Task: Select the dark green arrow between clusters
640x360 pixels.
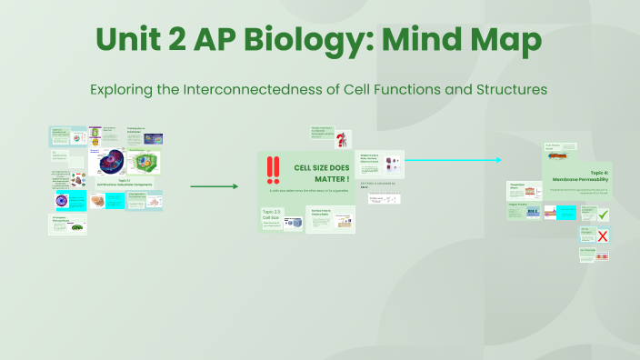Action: coord(214,186)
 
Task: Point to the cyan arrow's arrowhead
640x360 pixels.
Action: coord(497,160)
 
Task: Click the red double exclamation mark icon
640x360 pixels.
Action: coord(273,170)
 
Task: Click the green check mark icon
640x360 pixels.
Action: coord(602,215)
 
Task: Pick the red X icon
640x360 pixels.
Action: coord(602,236)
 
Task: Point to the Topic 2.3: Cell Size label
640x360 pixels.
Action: coord(271,216)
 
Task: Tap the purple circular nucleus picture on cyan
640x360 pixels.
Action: coord(62,201)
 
